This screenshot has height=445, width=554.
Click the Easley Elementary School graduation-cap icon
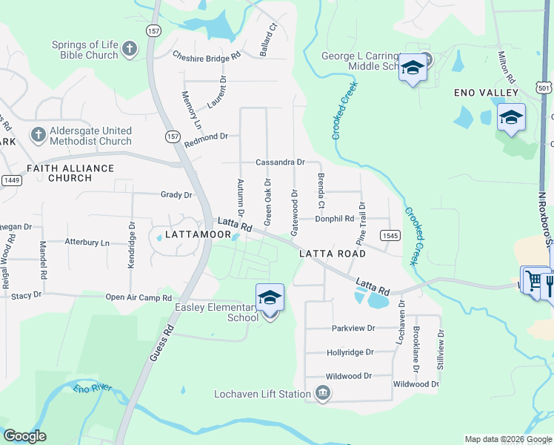270,298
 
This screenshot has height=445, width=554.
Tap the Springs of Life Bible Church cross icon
130,49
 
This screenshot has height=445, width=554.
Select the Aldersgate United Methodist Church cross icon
37,135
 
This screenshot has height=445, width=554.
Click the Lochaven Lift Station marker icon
322,393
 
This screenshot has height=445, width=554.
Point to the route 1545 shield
390,235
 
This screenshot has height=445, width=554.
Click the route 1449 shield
11,180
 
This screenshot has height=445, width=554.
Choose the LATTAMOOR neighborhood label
198,234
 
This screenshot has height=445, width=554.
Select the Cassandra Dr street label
280,162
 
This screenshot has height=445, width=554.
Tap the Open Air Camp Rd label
138,297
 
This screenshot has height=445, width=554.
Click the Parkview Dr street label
354,328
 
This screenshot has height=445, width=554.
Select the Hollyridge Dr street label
350,352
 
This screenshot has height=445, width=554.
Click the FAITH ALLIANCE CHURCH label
70,173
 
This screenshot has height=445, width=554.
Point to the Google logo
24,436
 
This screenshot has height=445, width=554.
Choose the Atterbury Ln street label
87,243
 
